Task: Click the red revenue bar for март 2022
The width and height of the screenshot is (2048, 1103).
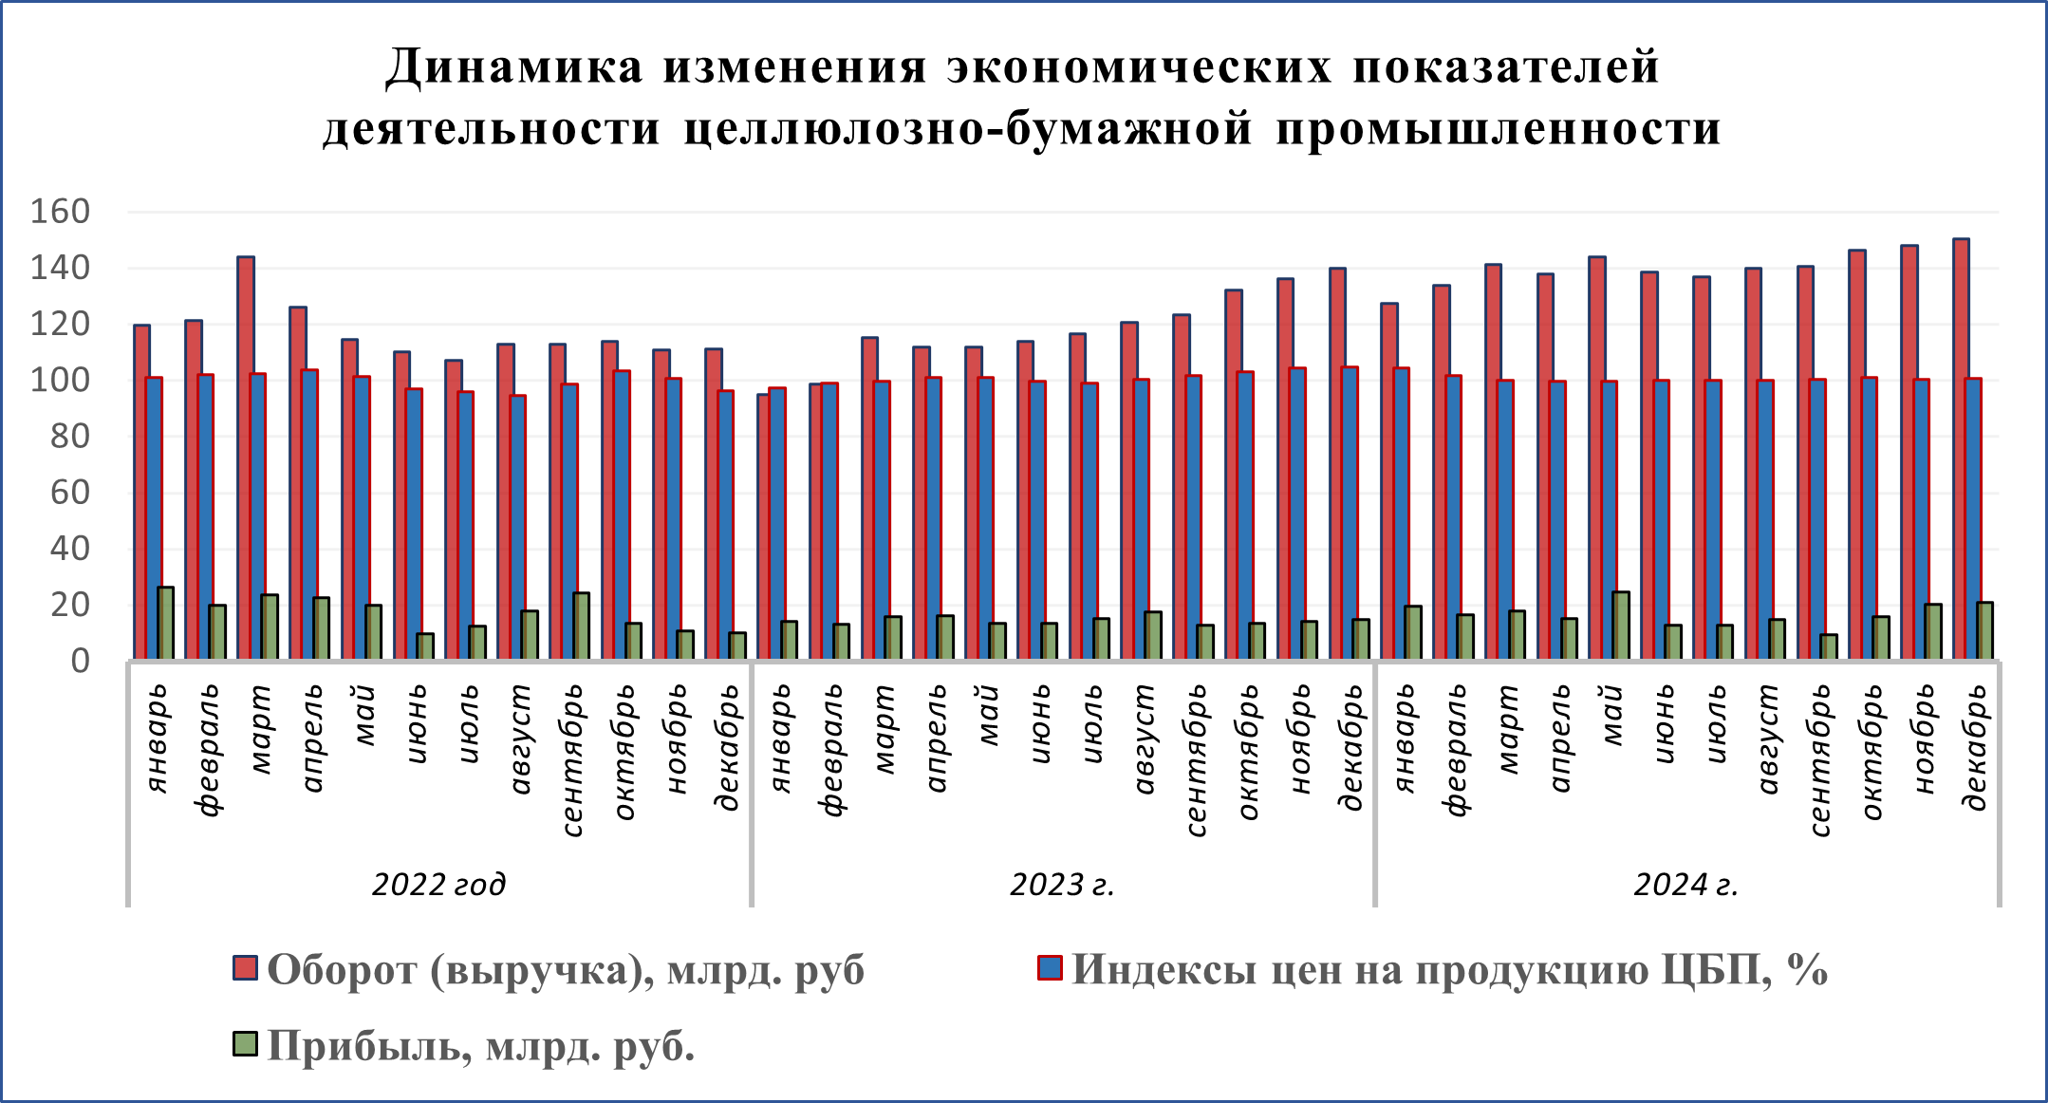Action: point(246,456)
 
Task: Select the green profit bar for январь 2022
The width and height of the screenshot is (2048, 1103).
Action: point(166,623)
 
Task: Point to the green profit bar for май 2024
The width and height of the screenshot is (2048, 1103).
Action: point(1621,625)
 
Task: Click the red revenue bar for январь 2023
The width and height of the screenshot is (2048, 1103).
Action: point(762,527)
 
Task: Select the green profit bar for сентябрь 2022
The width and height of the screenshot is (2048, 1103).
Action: point(581,626)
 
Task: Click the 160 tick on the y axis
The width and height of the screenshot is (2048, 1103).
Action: point(60,211)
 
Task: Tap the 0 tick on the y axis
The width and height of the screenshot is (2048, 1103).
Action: point(81,661)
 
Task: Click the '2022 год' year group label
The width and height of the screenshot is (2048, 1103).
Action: point(438,885)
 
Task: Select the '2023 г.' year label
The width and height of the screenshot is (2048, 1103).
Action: point(1062,885)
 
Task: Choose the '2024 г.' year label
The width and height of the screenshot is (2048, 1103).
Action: point(1685,885)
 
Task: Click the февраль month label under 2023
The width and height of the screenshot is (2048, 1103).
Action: point(831,750)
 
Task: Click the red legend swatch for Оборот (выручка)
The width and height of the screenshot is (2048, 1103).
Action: point(245,968)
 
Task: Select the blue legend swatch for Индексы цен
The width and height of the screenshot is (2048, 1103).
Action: point(1050,968)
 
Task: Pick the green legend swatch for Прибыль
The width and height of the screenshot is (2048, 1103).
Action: point(245,1044)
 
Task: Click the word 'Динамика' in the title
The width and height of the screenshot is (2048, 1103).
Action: point(513,66)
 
